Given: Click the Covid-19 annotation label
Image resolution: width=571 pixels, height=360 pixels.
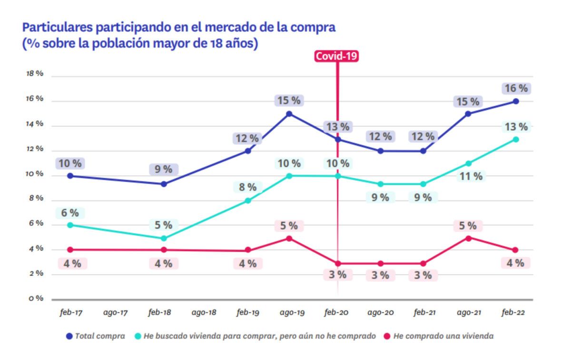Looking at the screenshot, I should [337, 56].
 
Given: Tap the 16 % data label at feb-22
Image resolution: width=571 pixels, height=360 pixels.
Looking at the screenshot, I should [515, 89].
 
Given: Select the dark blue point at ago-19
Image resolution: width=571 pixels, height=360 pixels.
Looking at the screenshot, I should [289, 114].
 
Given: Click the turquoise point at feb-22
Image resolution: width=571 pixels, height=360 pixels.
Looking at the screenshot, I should [516, 140].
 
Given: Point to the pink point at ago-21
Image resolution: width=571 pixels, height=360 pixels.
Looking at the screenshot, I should [468, 238].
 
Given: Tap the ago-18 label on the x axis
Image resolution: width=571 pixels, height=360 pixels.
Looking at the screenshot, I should [205, 313].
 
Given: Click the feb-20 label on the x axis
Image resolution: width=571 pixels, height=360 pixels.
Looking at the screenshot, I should [337, 313].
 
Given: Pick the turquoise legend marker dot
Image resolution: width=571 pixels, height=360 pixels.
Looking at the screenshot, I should [138, 336].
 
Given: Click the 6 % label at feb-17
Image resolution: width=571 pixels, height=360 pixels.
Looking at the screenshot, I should [70, 213].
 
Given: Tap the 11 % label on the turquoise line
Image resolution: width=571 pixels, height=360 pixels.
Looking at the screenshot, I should [471, 176].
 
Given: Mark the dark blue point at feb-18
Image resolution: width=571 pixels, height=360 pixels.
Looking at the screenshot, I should [164, 184].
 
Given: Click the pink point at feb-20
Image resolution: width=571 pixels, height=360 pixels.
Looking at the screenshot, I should [338, 263].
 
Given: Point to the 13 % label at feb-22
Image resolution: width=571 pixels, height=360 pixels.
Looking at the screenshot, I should [515, 127].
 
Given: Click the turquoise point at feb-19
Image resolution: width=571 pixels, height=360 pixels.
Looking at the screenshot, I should [248, 200].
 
